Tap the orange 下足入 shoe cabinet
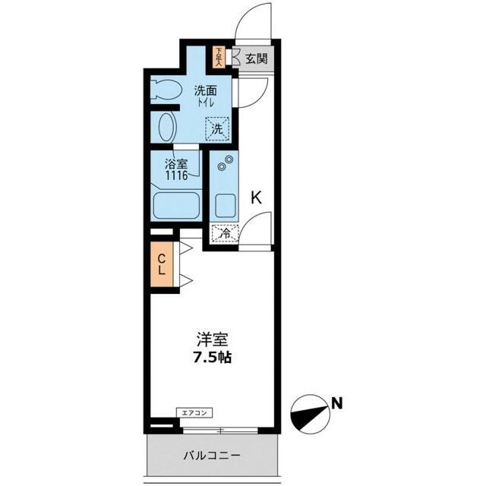pos(219,56)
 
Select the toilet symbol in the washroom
pos(163,90)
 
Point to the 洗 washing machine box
pos(216,128)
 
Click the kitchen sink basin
pos(224,204)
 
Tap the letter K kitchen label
pos(257,197)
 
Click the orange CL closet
pos(162,265)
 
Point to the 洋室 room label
pos(210,340)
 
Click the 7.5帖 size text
pos(210,357)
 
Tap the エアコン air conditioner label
pos(194,412)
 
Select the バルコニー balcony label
pos(213,456)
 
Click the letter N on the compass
pos(336,403)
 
